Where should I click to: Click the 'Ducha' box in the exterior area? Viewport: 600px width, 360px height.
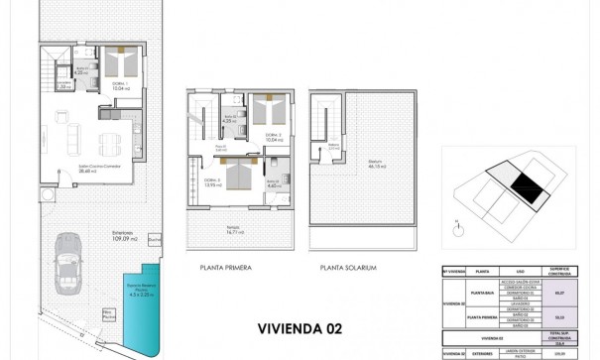[153, 239]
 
